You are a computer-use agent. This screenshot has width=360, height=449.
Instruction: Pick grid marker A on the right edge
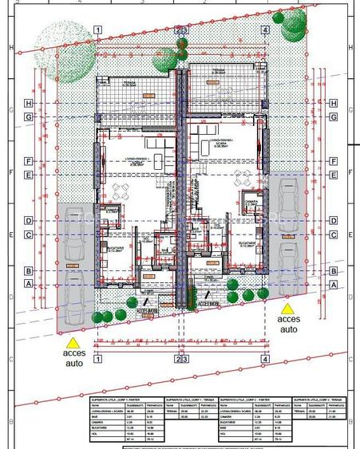332,283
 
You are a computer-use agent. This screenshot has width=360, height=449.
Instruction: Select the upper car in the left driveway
73,234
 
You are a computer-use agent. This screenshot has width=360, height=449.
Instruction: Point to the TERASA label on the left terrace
129,83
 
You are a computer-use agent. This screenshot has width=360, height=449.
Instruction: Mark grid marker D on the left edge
28,220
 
